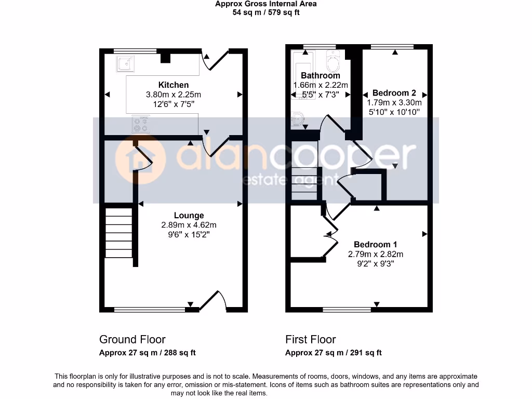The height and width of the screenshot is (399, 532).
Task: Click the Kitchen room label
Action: pyautogui.click(x=174, y=85)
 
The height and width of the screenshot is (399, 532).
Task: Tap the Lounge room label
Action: pyautogui.click(x=189, y=215)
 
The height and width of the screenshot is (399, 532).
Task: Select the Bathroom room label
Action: pyautogui.click(x=321, y=75)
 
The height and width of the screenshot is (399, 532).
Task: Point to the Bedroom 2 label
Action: pyautogui.click(x=394, y=93)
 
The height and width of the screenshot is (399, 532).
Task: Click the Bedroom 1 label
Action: pyautogui.click(x=376, y=244)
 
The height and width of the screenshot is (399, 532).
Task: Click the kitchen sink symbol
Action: pyautogui.click(x=125, y=64)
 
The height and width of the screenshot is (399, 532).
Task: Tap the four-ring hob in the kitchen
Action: pyautogui.click(x=141, y=124)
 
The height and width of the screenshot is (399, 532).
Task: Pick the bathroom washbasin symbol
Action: pyautogui.click(x=298, y=119)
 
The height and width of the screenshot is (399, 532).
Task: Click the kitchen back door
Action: pyautogui.click(x=214, y=60)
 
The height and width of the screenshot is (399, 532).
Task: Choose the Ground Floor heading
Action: pyautogui.click(x=132, y=339)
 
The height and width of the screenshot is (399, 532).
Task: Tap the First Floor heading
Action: pyautogui.click(x=310, y=339)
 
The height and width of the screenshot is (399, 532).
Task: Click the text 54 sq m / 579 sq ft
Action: pyautogui.click(x=266, y=12)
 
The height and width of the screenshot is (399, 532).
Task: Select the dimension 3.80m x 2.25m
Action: pyautogui.click(x=174, y=95)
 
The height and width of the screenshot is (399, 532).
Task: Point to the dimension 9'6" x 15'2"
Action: pyautogui.click(x=189, y=234)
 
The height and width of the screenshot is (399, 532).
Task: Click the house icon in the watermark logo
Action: pyautogui.click(x=139, y=160)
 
